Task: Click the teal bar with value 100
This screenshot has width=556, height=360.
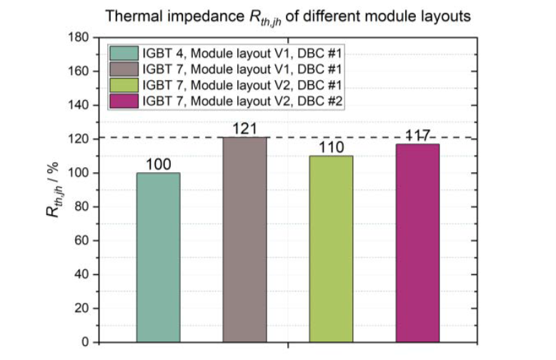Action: point(158,257)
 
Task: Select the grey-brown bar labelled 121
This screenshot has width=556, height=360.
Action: point(245,239)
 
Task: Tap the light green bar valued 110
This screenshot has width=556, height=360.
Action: point(332,249)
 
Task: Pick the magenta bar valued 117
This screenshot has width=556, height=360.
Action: point(418,243)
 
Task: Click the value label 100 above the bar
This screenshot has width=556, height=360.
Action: point(158,164)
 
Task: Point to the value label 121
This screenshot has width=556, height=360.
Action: point(245,129)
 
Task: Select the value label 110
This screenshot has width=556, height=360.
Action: point(332,147)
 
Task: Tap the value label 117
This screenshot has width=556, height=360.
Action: point(418,136)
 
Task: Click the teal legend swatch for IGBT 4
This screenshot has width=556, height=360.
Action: point(125,53)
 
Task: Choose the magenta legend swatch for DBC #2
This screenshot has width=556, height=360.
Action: point(125,101)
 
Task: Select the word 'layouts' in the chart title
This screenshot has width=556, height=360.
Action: point(447,16)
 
